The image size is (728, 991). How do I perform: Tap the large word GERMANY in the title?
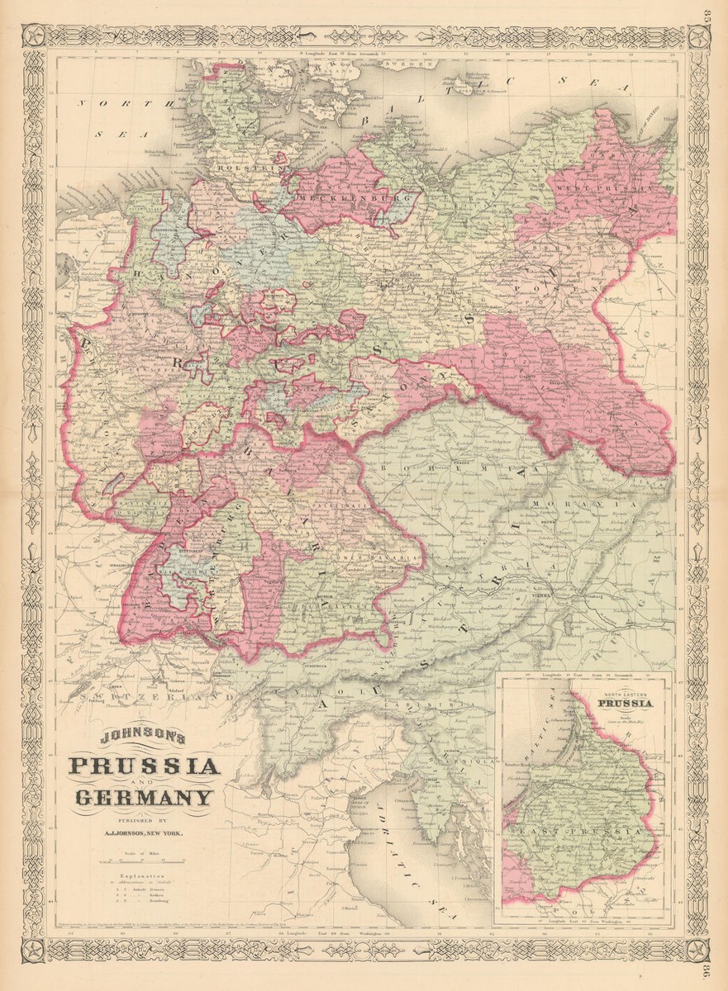point(144,799)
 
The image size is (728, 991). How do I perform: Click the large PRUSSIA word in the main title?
point(145,767)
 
